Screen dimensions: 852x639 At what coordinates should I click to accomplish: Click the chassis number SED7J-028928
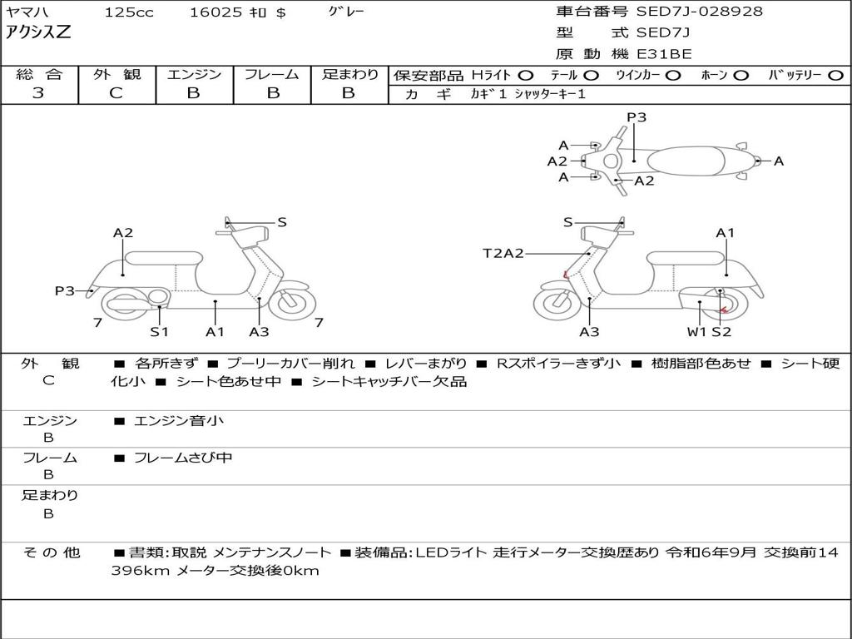point(699,11)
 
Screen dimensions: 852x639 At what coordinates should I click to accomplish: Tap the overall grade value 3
point(38,92)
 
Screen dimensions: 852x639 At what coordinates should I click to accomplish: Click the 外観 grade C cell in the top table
point(116,92)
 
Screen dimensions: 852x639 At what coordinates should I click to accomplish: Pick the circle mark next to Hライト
point(526,76)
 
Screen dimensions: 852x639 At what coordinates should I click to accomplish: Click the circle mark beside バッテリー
point(835,76)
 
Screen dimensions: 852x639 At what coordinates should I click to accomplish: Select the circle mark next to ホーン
point(741,76)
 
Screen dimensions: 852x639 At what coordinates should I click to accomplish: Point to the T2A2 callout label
point(503,253)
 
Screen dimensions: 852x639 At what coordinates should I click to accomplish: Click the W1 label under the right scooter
point(696,331)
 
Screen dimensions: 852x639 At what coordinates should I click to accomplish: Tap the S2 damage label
point(721,331)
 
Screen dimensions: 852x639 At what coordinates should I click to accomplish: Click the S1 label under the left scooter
point(159,331)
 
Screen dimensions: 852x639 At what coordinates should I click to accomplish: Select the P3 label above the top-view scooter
point(637,117)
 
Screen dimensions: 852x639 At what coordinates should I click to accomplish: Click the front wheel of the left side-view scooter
point(292,303)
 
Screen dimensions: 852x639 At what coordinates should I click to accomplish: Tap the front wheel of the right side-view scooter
point(557,303)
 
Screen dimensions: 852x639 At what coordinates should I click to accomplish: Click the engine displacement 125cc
point(129,12)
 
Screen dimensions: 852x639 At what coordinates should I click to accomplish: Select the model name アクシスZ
point(38,32)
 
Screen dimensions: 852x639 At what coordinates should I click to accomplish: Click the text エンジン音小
point(178,420)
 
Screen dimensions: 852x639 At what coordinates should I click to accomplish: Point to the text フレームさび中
point(183,458)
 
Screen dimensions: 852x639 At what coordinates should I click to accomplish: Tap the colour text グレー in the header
point(346,12)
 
